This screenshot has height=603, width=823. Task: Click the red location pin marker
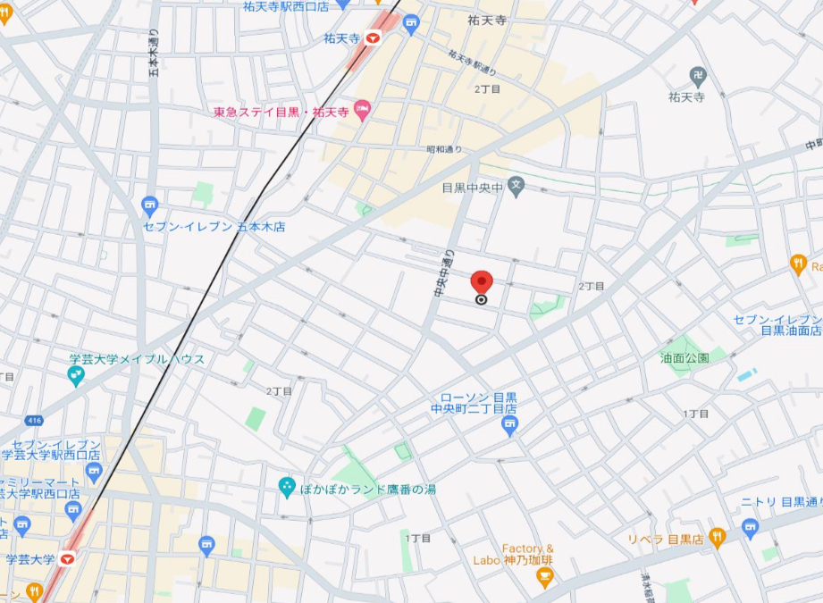coord(482,281)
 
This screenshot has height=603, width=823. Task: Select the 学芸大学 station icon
coord(67,559)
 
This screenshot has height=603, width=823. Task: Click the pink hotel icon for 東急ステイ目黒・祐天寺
coord(363,112)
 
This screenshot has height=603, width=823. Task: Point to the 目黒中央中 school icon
coord(516,188)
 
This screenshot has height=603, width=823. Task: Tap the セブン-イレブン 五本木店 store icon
coord(149,206)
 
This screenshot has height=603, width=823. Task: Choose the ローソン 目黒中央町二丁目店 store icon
coord(510,428)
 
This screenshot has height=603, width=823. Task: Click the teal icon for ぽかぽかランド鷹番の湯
coord(287,487)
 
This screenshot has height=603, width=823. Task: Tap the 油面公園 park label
coord(685,357)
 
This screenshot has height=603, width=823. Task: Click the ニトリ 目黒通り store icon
coord(750,525)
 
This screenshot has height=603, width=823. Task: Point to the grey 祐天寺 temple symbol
coord(698,76)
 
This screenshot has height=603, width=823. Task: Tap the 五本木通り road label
coord(153,59)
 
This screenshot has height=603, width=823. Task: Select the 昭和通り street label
coord(444,149)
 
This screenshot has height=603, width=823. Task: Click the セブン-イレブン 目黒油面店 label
coord(777,324)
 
